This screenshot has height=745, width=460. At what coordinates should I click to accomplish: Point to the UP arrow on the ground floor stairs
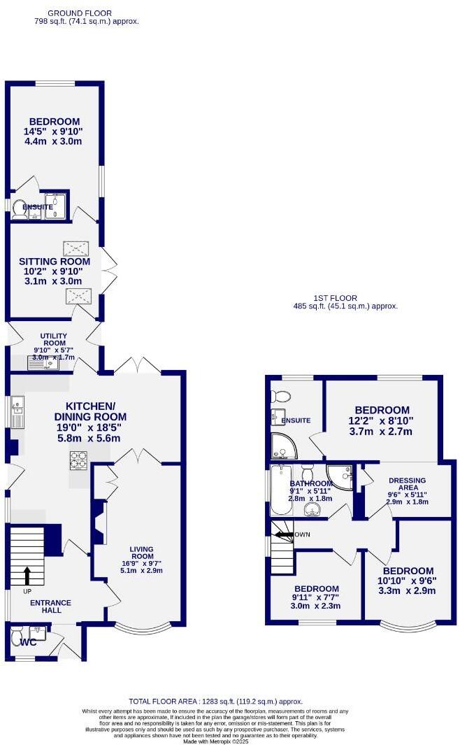27,575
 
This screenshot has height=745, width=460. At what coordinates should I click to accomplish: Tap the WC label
28,641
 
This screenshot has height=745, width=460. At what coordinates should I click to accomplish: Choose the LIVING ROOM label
141,553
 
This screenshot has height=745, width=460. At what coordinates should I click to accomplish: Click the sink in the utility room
36,362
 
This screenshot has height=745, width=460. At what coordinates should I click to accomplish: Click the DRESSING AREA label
403,485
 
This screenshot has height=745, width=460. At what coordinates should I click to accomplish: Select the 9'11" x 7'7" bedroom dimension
317,597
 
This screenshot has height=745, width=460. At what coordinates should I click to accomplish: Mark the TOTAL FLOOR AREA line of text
215,701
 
